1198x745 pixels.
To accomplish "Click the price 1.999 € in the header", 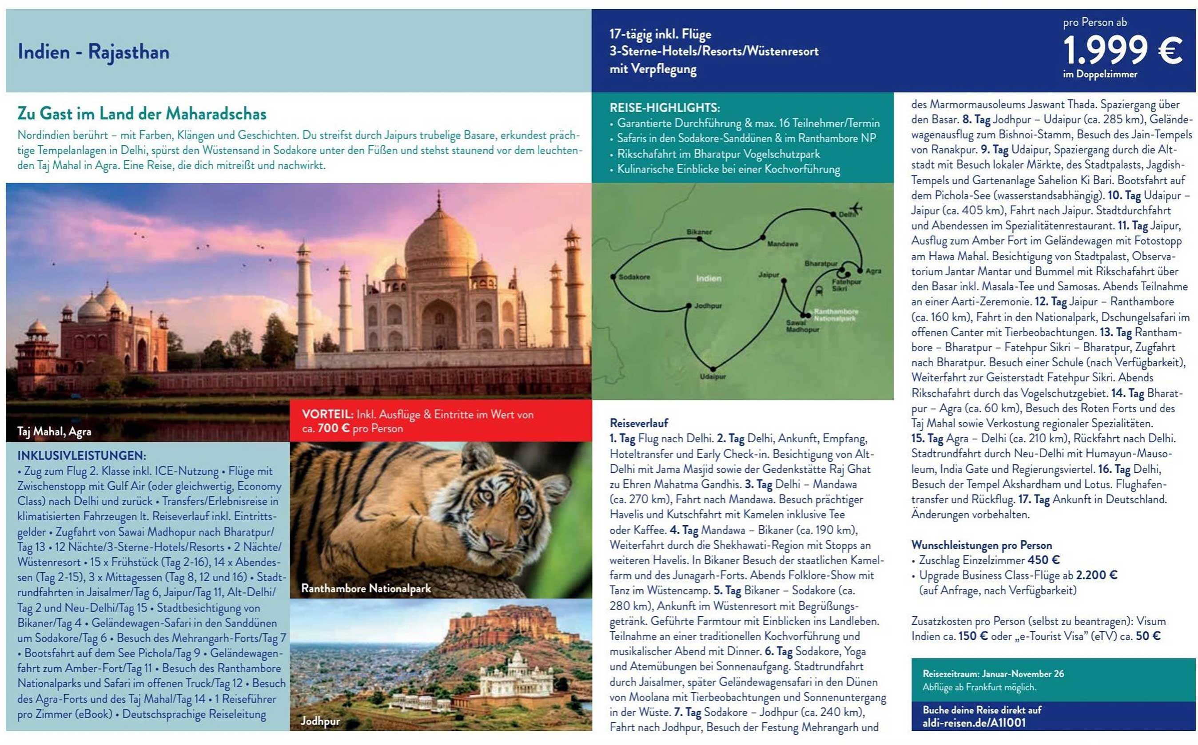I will tap(1122, 50).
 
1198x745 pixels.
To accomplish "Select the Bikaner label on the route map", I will tap(699, 232).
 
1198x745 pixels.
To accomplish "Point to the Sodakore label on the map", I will tap(634, 277).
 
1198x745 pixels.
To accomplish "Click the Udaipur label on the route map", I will tap(713, 376).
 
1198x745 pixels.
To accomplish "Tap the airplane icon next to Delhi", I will tap(856, 208).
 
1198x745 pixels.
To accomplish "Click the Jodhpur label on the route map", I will tap(708, 306).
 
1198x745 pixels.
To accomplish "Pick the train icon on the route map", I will tap(819, 290).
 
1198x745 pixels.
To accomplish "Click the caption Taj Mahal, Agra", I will tap(54, 432).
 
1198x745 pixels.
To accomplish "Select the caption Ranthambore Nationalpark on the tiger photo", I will tap(366, 588).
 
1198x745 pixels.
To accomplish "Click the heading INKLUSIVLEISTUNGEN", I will tap(81, 455).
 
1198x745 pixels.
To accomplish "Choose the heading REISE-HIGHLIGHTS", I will tap(665, 107).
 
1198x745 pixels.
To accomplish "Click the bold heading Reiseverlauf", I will tap(638, 423).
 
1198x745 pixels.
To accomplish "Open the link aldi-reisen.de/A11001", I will tap(974, 723).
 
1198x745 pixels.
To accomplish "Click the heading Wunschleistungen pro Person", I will tap(981, 545).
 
